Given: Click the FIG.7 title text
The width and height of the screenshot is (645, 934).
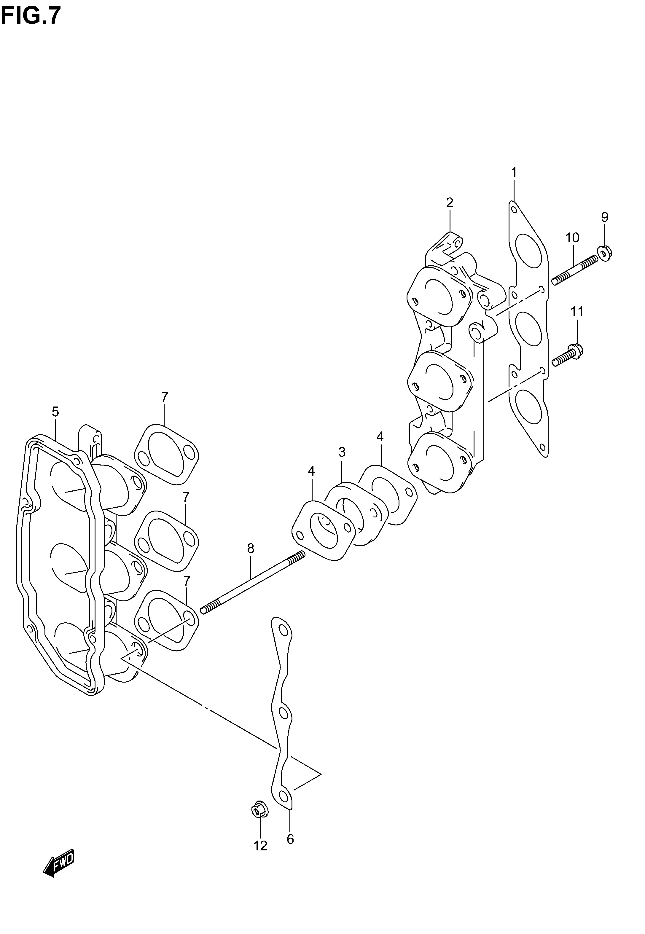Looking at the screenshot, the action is pyautogui.click(x=31, y=16).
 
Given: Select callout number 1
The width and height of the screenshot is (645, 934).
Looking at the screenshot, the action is pyautogui.click(x=514, y=173).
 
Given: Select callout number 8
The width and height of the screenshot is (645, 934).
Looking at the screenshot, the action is pyautogui.click(x=251, y=548).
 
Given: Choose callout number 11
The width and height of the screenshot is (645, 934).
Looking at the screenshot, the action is pyautogui.click(x=577, y=311).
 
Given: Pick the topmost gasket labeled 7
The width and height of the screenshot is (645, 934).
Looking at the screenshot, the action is pyautogui.click(x=166, y=455).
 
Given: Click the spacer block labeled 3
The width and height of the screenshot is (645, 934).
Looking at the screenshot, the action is pyautogui.click(x=356, y=514).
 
